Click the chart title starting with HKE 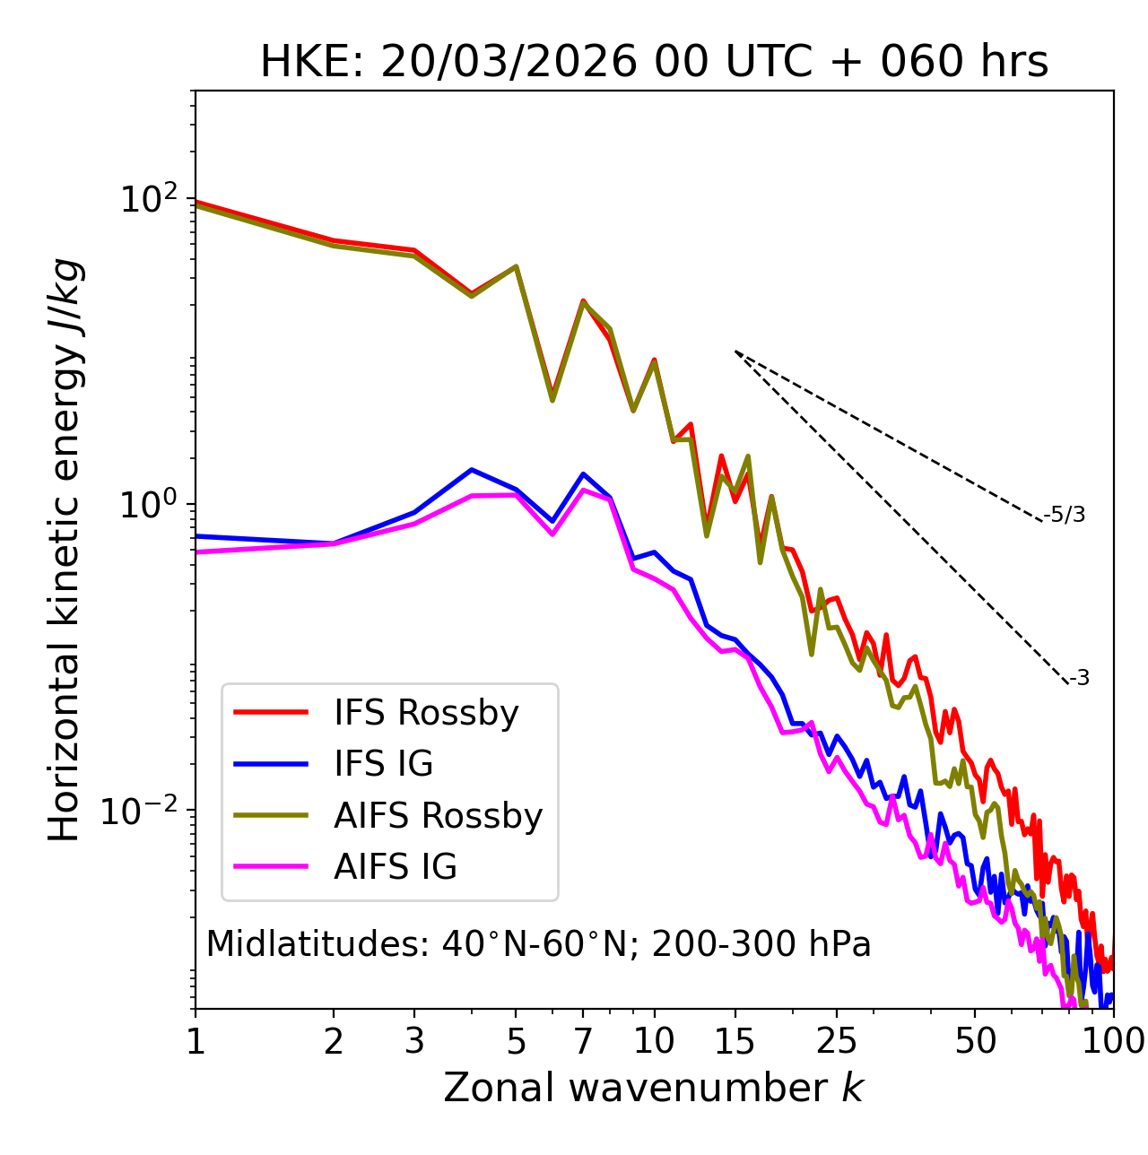[x=654, y=63]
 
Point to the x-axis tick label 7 [x=583, y=1041]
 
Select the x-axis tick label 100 [x=1112, y=1041]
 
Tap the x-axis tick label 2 [x=334, y=1041]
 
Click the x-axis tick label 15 [x=735, y=1041]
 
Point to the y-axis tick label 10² [x=147, y=199]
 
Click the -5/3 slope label [x=1065, y=515]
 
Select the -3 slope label [x=1079, y=678]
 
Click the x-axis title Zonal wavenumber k [x=654, y=1088]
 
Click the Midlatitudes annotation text [x=538, y=944]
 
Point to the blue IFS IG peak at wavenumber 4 [x=472, y=469]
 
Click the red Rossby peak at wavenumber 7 [x=583, y=301]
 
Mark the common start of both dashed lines [x=735, y=352]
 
